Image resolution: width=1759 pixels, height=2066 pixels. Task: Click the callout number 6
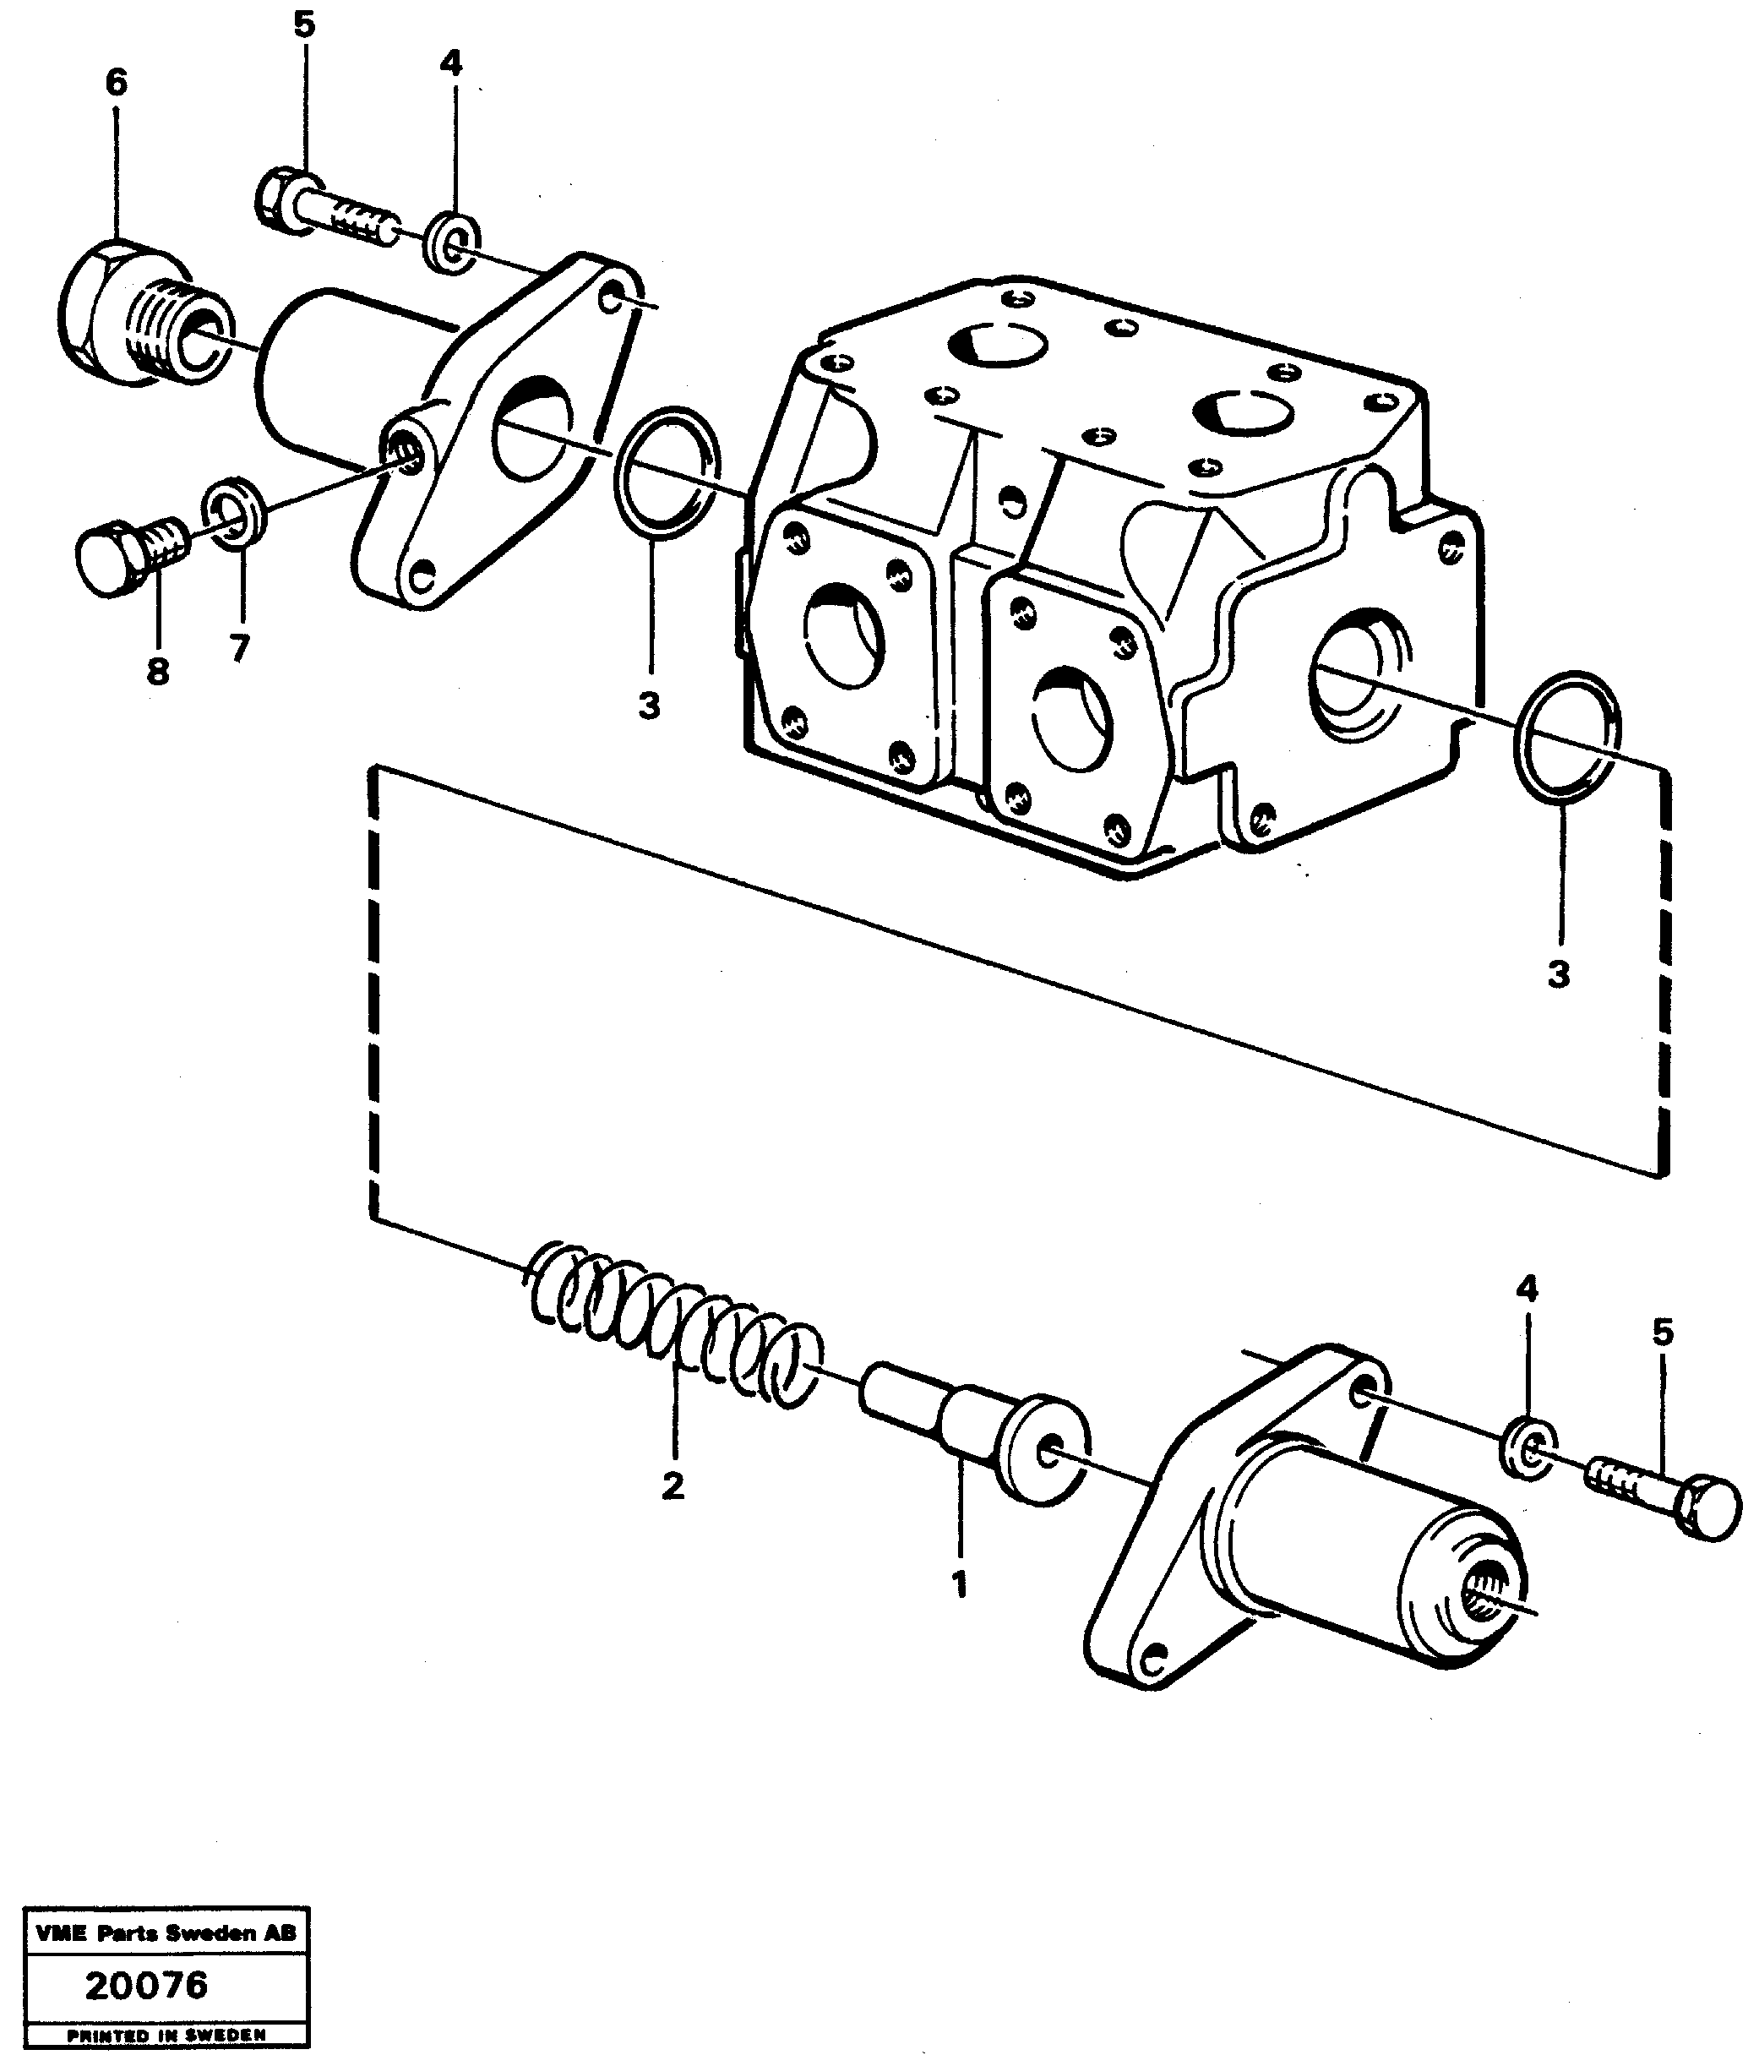point(117,83)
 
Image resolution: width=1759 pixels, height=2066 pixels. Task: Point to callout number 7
point(239,649)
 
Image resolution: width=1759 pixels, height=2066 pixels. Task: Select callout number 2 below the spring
point(673,1485)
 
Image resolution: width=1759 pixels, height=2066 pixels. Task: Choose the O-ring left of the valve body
point(666,472)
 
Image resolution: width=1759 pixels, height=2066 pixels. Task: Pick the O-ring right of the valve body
point(1566,736)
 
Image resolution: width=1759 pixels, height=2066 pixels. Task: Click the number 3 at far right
point(1559,974)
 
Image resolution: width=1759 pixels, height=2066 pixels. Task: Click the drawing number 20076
point(147,1985)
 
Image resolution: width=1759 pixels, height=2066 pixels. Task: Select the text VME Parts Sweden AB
point(166,1933)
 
